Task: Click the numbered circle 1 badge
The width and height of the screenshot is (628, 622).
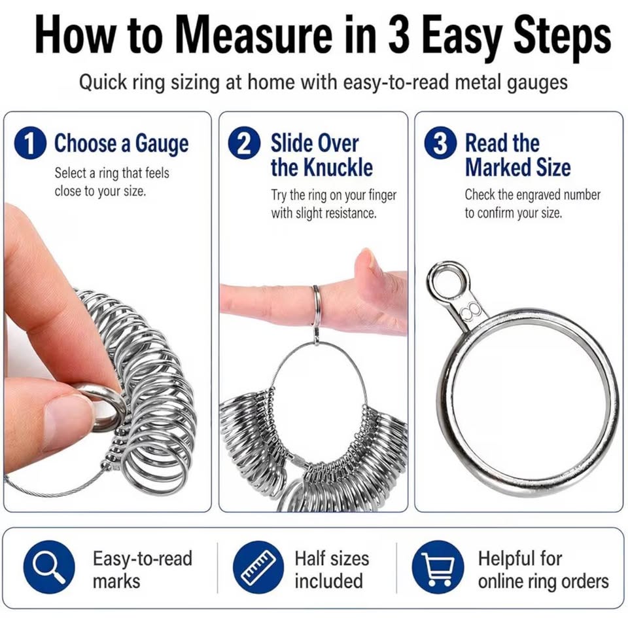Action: (30, 143)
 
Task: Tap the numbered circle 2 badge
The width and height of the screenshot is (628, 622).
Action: (245, 143)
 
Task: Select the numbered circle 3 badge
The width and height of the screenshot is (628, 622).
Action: (440, 143)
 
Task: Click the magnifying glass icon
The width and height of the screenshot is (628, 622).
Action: (49, 566)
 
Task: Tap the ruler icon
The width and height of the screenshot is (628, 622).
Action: (259, 566)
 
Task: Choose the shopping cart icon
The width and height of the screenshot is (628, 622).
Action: (438, 566)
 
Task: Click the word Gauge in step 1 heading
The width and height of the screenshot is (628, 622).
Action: (162, 144)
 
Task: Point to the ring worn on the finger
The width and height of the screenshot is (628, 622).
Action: (317, 305)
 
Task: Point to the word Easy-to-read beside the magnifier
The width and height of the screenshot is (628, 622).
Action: (143, 558)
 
